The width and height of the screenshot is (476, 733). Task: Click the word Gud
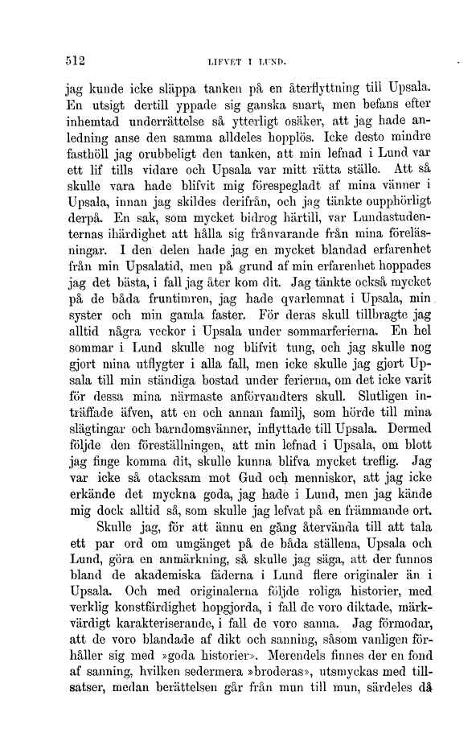224,506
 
